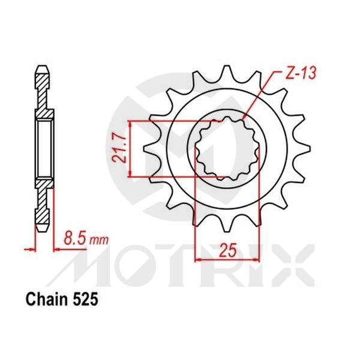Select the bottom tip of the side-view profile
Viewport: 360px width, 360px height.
point(44,230)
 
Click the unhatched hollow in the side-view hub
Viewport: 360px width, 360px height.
point(44,148)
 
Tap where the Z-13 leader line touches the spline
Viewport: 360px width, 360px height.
point(246,117)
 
